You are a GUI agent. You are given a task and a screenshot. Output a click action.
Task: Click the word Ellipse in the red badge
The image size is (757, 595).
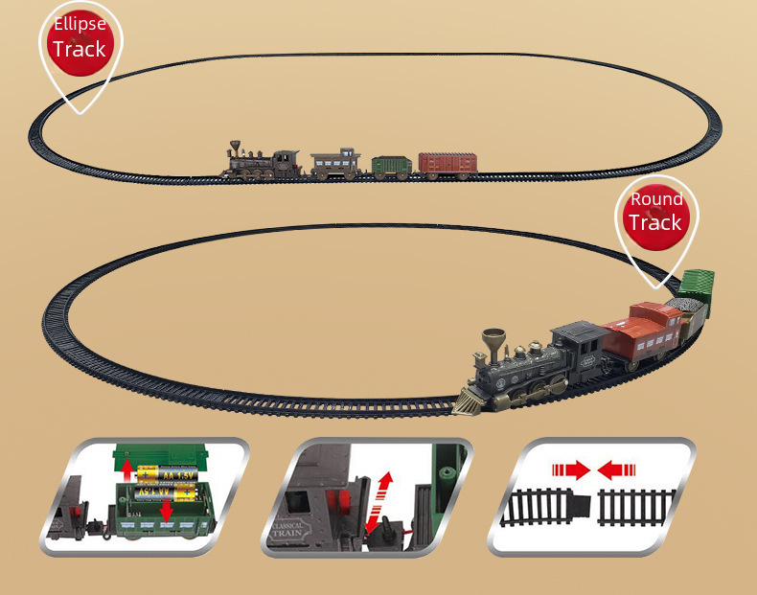(80, 24)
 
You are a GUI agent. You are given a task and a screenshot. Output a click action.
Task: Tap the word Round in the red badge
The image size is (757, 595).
(656, 199)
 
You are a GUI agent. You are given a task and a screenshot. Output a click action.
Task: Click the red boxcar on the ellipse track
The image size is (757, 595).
(447, 165)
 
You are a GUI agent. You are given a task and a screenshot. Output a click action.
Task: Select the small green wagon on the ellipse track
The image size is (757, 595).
(391, 166)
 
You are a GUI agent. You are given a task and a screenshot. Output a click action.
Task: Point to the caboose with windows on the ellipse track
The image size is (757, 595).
(335, 163)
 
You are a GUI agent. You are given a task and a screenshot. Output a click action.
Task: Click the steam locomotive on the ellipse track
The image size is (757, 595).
(262, 162)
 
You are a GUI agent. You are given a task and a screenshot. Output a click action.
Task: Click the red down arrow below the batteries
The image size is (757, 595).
(167, 511)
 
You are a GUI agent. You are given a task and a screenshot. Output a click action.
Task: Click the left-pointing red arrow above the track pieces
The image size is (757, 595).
(617, 469)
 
